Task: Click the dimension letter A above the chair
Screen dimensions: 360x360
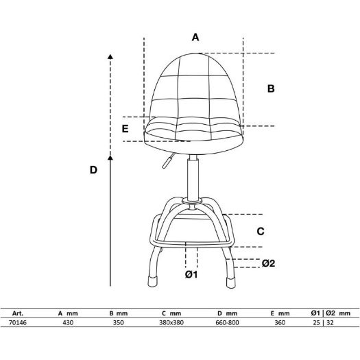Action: click(x=195, y=37)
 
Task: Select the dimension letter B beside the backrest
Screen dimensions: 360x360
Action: click(x=271, y=88)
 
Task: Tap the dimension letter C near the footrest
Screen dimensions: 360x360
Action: click(x=261, y=231)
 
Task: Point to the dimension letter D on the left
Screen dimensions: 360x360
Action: click(x=93, y=170)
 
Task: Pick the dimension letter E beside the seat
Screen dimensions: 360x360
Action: click(x=125, y=129)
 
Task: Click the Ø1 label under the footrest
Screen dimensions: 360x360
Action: click(x=191, y=274)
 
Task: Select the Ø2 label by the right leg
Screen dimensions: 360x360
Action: click(x=268, y=263)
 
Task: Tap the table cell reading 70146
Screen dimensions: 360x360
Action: click(x=18, y=322)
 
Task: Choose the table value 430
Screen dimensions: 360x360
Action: click(x=68, y=322)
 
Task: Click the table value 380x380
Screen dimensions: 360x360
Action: click(x=171, y=322)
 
